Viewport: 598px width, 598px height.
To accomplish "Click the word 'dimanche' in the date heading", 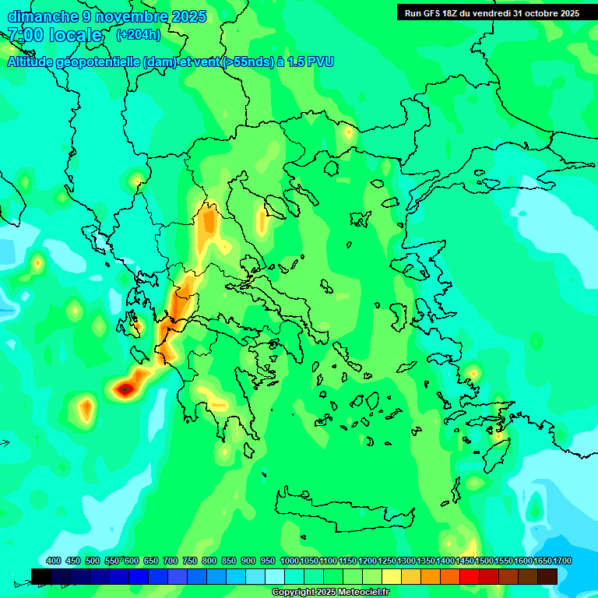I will (x=43, y=16).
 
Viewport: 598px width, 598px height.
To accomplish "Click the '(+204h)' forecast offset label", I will (x=139, y=34).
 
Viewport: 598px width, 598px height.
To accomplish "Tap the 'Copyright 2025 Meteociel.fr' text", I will (x=330, y=593).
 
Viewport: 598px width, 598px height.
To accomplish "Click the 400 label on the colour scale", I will (x=54, y=561).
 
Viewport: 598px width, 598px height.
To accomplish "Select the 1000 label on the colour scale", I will (x=290, y=561).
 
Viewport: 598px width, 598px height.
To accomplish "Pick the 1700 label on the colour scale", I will (x=561, y=561).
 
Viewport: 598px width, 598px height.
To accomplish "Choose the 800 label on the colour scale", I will (x=209, y=561).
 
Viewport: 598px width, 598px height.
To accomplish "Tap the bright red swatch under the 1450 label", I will (x=469, y=576).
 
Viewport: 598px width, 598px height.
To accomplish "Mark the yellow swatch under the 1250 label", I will (x=391, y=576).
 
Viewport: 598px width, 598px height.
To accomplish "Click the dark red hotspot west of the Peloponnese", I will (x=125, y=388).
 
